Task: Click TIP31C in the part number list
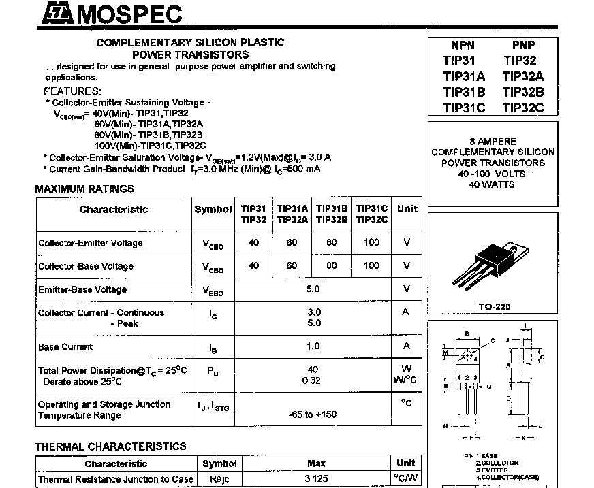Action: (x=464, y=108)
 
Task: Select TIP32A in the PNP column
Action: (x=523, y=76)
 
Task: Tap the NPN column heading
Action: (x=463, y=46)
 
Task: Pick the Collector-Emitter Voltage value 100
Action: (x=371, y=243)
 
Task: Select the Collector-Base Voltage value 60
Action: (x=292, y=265)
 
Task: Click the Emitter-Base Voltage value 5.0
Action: (x=313, y=289)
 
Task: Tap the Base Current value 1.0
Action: (x=313, y=346)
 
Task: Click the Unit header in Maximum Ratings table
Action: (x=407, y=209)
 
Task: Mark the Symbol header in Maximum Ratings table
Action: (x=213, y=209)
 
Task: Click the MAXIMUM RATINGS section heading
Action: (x=84, y=189)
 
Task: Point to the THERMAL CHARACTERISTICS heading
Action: (x=110, y=446)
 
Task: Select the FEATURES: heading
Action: (x=72, y=91)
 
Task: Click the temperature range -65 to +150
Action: (x=313, y=414)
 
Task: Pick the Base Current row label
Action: (x=65, y=346)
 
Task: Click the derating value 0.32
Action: (x=311, y=380)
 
